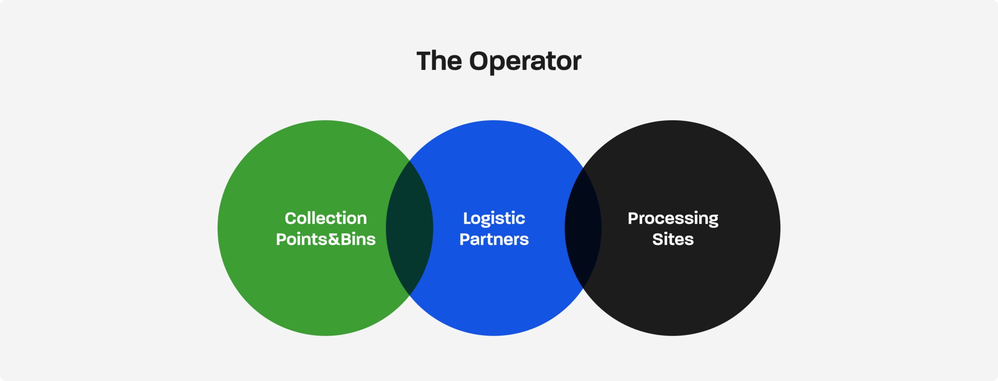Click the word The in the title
[439, 61]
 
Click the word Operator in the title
[525, 61]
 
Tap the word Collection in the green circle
[326, 218]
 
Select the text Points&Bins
[326, 239]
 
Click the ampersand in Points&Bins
[334, 239]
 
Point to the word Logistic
[494, 218]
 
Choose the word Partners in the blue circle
[494, 239]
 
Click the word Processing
[673, 218]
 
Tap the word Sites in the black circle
[673, 239]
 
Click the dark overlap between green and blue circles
[409, 228]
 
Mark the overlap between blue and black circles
[583, 228]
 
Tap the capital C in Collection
[291, 218]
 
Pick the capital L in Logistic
[467, 218]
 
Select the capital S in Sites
[658, 239]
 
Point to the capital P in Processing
[633, 218]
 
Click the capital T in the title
[424, 61]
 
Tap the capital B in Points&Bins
[346, 239]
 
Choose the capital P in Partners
[465, 239]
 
